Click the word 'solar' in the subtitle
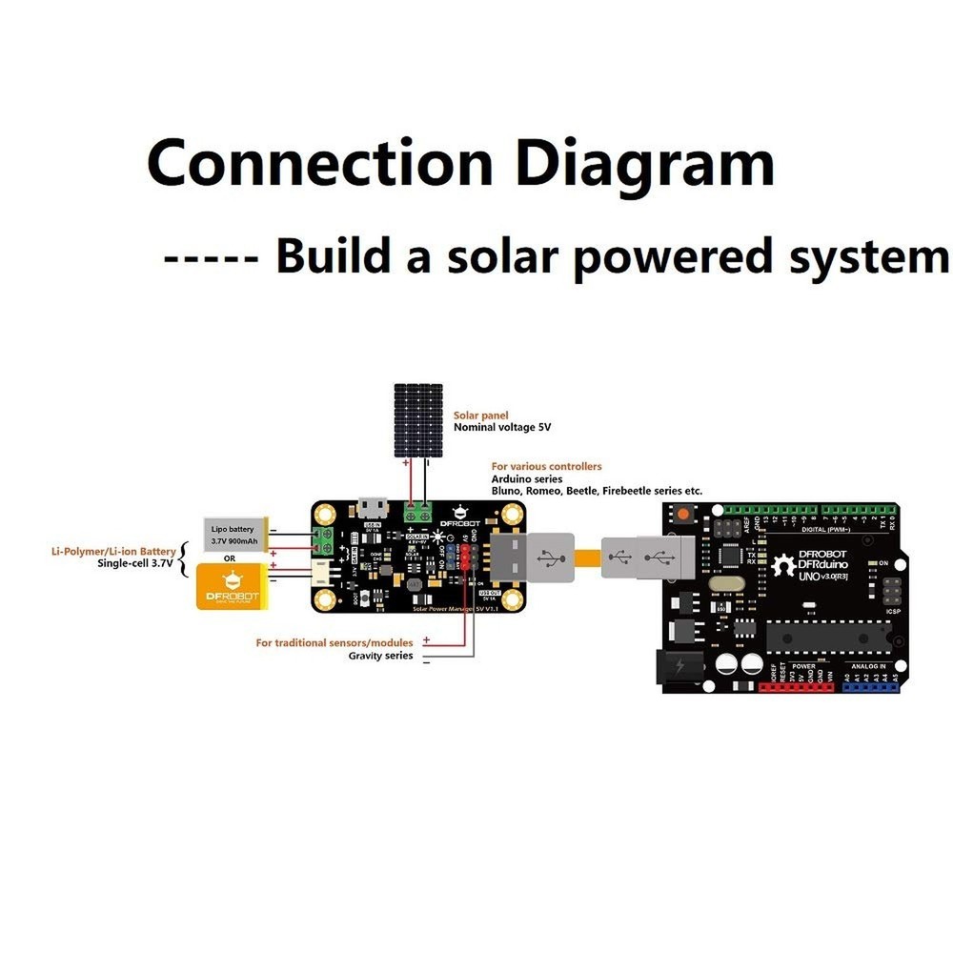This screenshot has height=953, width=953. (489, 256)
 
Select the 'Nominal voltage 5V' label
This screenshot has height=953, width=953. (502, 428)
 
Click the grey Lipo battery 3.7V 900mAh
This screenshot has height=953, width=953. (233, 535)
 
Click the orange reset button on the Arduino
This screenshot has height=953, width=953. (683, 516)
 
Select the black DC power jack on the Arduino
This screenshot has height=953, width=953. (679, 666)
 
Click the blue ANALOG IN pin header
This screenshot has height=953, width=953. (871, 686)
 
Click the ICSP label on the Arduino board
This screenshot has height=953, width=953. (893, 611)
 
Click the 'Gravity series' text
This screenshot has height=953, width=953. (380, 656)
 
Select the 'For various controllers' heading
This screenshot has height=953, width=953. (546, 466)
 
